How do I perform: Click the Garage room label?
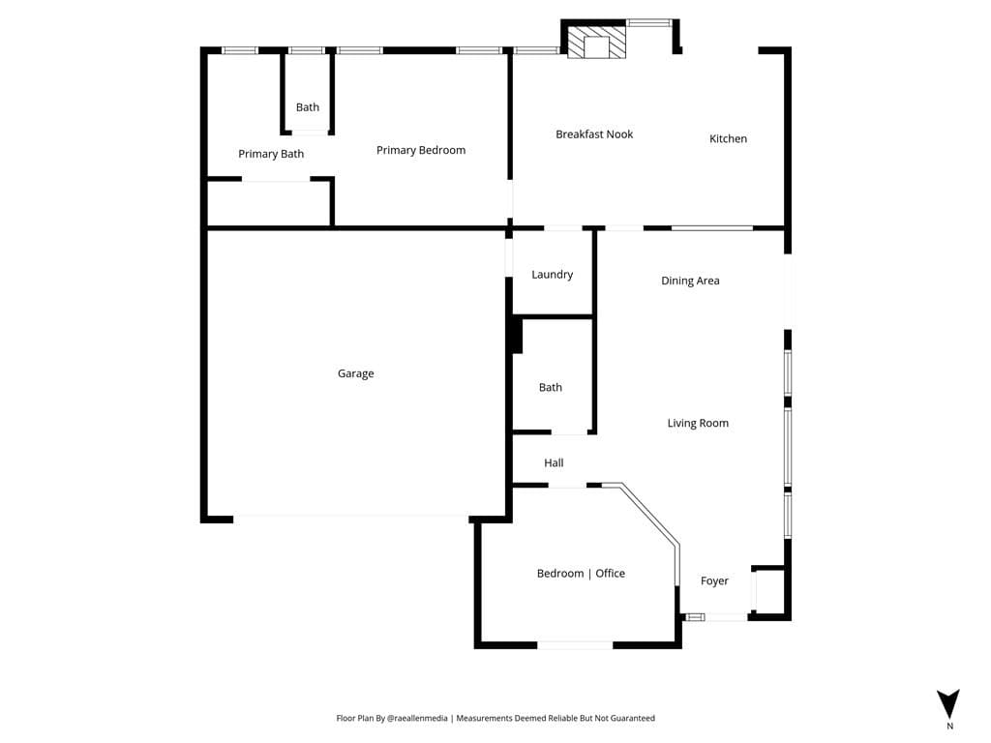(x=355, y=373)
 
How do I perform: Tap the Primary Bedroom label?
(x=420, y=150)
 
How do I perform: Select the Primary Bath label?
(x=271, y=154)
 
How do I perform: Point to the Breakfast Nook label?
(x=594, y=134)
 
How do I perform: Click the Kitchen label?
(x=728, y=138)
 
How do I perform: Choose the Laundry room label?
(x=552, y=275)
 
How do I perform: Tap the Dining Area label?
(x=690, y=281)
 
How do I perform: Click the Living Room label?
(x=697, y=423)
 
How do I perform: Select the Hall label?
(x=554, y=463)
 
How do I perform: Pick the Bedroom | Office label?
(x=581, y=574)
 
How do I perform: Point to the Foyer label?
(x=714, y=580)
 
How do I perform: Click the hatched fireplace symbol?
(x=595, y=44)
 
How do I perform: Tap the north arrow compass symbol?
(x=948, y=702)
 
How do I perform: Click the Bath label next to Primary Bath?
(x=308, y=107)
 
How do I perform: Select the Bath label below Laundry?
(x=550, y=387)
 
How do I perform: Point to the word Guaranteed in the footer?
(x=631, y=719)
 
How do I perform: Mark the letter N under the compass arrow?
(x=949, y=726)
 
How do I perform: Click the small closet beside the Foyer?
(x=768, y=591)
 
